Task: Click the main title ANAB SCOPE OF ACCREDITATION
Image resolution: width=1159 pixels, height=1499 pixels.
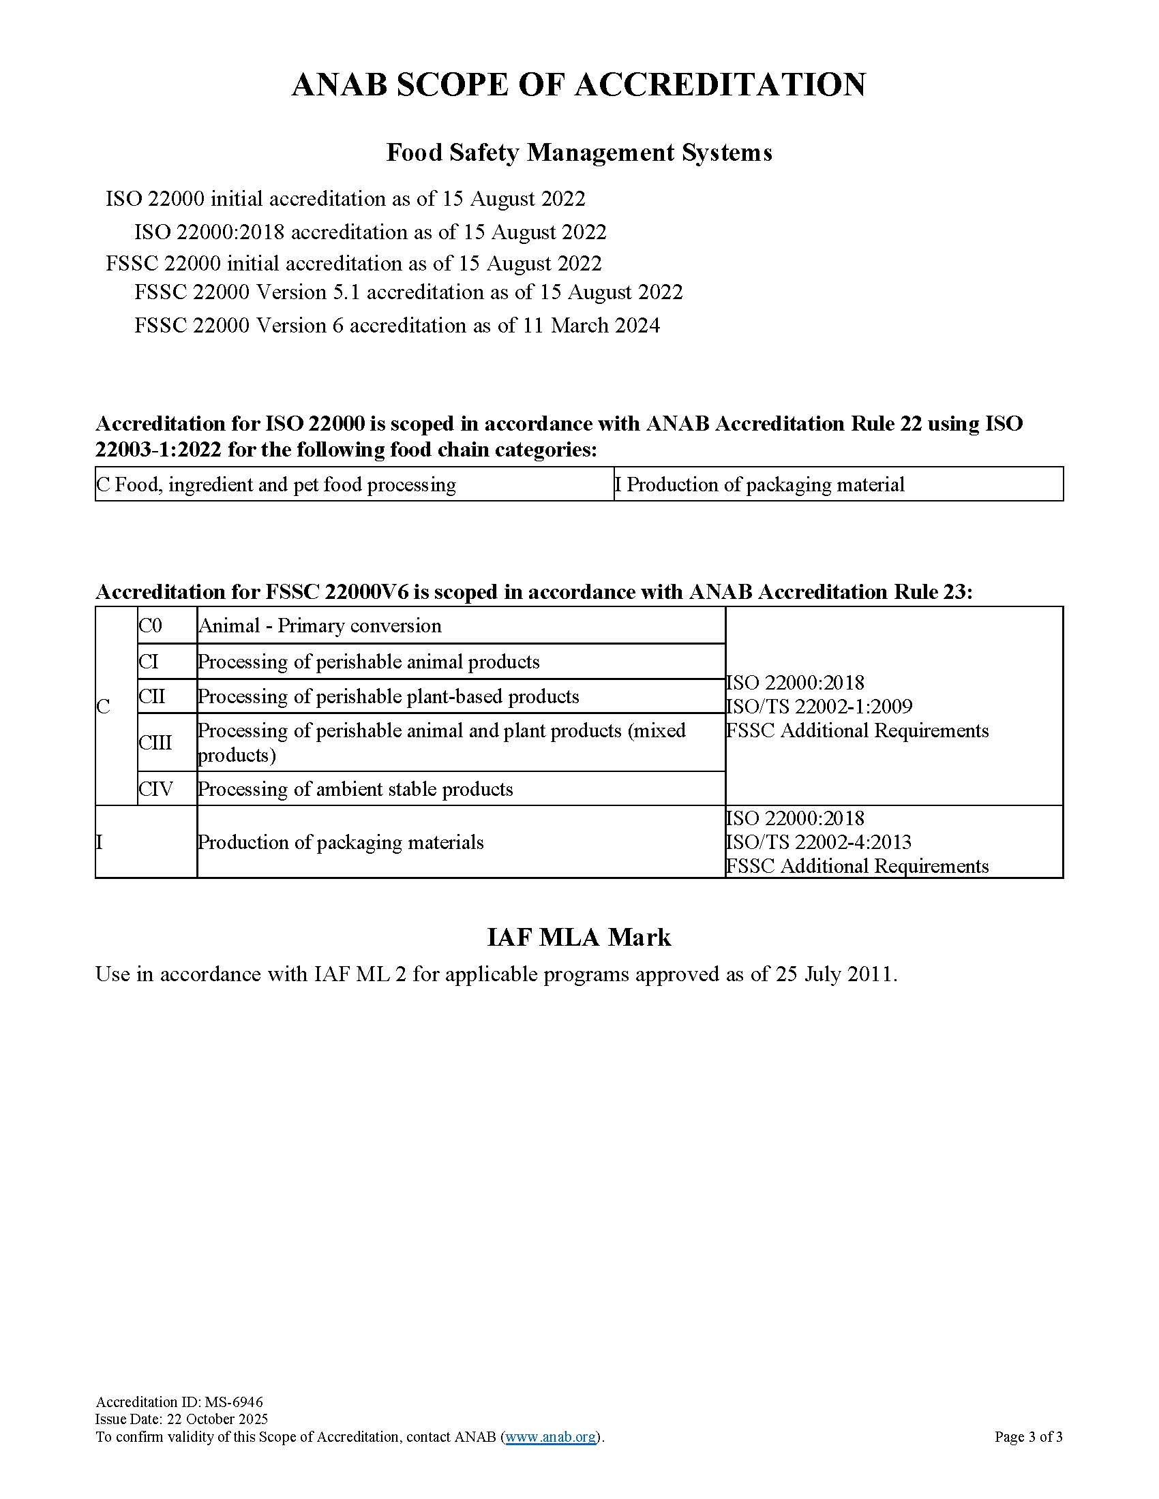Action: tap(579, 85)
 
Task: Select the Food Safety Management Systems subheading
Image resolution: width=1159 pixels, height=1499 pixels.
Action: tap(579, 153)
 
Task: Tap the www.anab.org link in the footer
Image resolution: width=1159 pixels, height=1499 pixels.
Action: tap(551, 1436)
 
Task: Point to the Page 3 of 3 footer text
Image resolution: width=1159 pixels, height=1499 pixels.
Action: tap(1028, 1436)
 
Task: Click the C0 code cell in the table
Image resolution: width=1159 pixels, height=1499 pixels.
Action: tap(151, 625)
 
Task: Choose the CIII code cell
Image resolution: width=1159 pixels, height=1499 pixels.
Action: tap(155, 743)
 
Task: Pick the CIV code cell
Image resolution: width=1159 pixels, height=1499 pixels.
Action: tap(156, 788)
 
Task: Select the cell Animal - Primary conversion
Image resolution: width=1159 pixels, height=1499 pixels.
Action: tap(320, 625)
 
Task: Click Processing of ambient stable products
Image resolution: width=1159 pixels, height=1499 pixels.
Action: tap(356, 788)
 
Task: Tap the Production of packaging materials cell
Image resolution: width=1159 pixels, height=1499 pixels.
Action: tap(341, 842)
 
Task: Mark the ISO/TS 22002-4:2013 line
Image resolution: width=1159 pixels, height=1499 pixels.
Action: tap(818, 842)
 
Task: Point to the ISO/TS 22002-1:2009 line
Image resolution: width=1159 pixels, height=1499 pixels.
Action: tap(819, 707)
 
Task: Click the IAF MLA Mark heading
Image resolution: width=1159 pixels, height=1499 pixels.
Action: tap(579, 938)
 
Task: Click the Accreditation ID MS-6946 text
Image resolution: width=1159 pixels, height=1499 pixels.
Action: tap(179, 1402)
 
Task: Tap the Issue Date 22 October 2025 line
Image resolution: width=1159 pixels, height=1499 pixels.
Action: tap(181, 1419)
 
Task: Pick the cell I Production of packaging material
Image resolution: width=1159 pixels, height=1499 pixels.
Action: tap(759, 484)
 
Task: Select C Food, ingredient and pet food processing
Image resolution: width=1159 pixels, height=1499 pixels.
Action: tap(276, 484)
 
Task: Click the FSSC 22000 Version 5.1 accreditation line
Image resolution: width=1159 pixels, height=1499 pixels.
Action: tap(408, 292)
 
